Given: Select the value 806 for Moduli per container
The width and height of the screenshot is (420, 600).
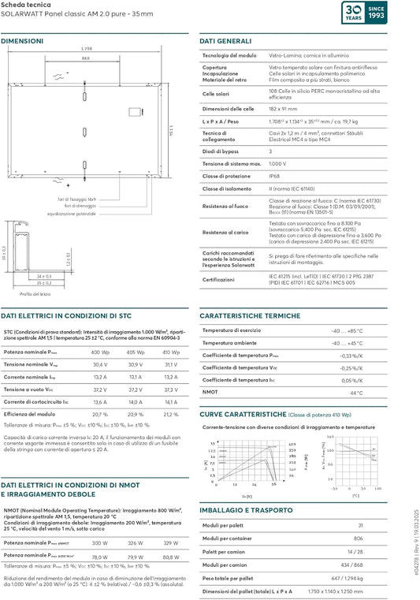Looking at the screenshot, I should pyautogui.click(x=359, y=538).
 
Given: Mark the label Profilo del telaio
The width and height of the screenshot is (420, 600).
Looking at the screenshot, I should pyautogui.click(x=35, y=293).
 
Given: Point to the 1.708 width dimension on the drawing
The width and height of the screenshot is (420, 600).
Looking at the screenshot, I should pyautogui.click(x=87, y=49).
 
